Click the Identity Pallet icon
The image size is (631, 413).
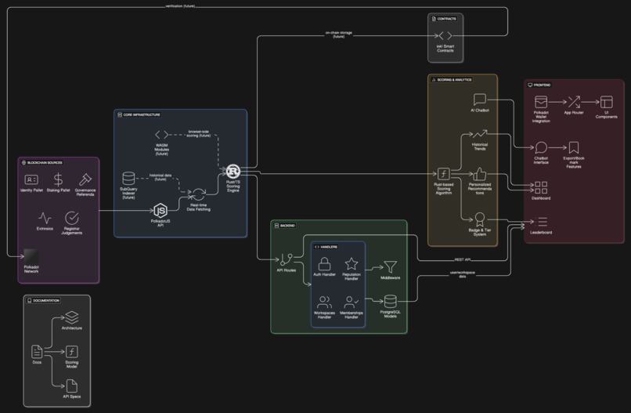click(x=31, y=179)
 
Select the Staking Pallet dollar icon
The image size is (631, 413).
click(x=59, y=179)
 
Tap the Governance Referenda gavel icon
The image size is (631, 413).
click(x=85, y=179)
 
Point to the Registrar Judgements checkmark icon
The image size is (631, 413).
click(x=72, y=217)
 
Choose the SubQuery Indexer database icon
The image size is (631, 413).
click(x=128, y=179)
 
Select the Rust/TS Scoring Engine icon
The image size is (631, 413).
click(x=233, y=171)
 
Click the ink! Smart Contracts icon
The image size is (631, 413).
click(x=445, y=36)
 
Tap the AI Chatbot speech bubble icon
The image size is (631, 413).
click(x=480, y=100)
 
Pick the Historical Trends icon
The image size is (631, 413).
click(x=480, y=136)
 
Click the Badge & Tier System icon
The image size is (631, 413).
click(x=480, y=219)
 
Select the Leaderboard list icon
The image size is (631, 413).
click(x=542, y=223)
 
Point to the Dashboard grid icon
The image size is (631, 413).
click(x=541, y=187)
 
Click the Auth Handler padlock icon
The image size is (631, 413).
click(x=324, y=264)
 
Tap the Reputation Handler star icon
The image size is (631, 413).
click(x=352, y=264)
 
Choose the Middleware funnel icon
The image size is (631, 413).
click(x=390, y=267)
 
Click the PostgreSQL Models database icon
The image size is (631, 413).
click(x=390, y=302)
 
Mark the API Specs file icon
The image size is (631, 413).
click(x=71, y=386)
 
